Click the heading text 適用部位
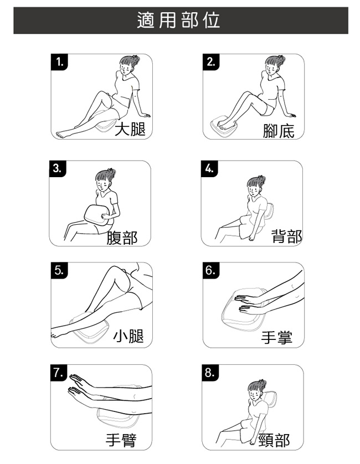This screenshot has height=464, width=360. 178,20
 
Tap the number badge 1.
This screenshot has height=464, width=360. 59,62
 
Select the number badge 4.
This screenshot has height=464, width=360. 209,169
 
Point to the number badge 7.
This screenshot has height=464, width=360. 59,373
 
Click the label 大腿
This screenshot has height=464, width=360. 130,130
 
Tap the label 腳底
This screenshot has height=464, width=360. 279,131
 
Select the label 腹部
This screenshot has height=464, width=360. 122,238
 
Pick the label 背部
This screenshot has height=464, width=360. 286,236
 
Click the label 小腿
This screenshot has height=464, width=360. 128,336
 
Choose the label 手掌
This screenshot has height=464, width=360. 277,338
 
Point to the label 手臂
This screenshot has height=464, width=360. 121,440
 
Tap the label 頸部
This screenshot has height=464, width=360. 274,440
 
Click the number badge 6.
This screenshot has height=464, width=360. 211,270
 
